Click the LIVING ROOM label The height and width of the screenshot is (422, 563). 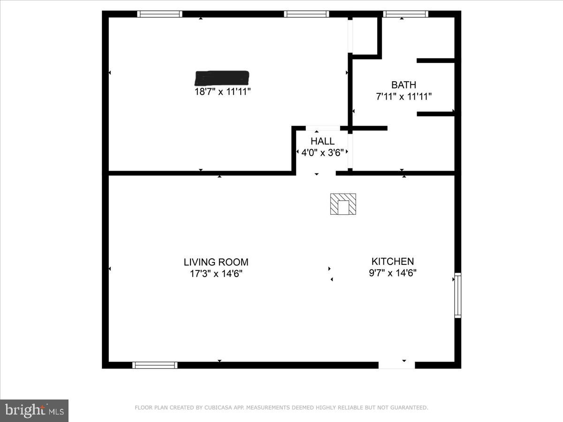click(216, 262)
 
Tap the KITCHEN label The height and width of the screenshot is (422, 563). click(393, 262)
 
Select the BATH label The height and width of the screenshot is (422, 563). click(403, 85)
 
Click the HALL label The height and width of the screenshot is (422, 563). click(322, 141)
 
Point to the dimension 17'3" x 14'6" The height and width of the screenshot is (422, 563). click(216, 273)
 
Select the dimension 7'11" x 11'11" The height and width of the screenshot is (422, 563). click(403, 97)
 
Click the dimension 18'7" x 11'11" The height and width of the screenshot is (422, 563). click(223, 92)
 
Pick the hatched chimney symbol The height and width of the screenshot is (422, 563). click(342, 204)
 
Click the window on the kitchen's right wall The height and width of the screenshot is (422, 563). click(457, 295)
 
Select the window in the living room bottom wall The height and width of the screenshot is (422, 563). click(155, 365)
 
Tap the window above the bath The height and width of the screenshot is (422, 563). click(406, 14)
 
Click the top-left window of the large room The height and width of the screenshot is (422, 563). click(160, 14)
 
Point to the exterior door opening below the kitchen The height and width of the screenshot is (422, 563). click(396, 365)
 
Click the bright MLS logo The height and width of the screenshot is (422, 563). click(34, 411)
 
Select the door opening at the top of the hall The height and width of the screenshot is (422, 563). click(323, 128)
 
